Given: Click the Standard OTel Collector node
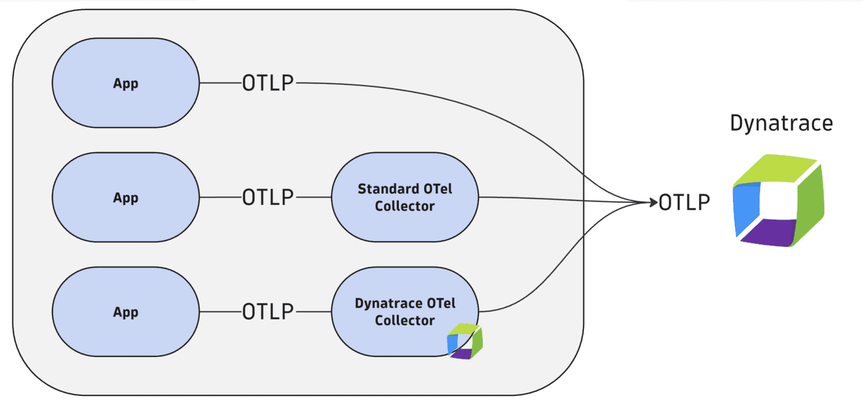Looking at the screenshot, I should coord(405,197).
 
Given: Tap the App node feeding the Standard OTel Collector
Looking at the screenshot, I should coord(126,197).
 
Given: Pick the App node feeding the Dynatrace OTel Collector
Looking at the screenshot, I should coord(126,312).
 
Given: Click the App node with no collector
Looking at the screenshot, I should coord(126,83).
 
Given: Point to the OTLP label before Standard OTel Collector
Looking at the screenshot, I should coord(268,197).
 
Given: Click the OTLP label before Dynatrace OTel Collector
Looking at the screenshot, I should coord(268,312).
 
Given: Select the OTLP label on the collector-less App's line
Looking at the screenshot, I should coord(268,83).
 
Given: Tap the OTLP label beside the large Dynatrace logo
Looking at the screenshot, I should coord(684,202).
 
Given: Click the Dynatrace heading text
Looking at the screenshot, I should coord(781,123).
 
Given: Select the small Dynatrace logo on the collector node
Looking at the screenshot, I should coord(465,341).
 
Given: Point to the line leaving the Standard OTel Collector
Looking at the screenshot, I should coord(555,199).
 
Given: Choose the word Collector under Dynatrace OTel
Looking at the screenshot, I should coord(405,321).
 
